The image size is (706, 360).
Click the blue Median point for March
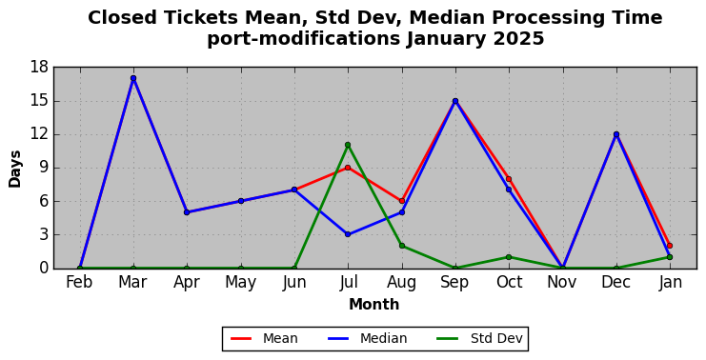pyautogui.click(x=133, y=78)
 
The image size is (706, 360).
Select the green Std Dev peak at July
pyautogui.click(x=348, y=145)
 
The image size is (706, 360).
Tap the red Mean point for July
pyautogui.click(x=348, y=168)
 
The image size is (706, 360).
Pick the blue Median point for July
pyautogui.click(x=348, y=234)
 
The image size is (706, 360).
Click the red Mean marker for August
pyautogui.click(x=402, y=201)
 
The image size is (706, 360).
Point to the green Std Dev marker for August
pyautogui.click(x=402, y=246)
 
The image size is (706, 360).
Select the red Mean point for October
pyautogui.click(x=509, y=179)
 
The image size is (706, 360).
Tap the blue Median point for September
pyautogui.click(x=455, y=101)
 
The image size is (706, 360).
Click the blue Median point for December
pyautogui.click(x=615, y=134)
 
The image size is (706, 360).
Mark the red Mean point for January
pyautogui.click(x=670, y=246)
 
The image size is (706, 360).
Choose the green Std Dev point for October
pyautogui.click(x=509, y=257)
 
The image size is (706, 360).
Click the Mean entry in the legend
pyautogui.click(x=264, y=338)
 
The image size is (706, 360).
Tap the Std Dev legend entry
pyautogui.click(x=479, y=338)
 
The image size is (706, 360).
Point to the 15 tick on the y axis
pyautogui.click(x=39, y=101)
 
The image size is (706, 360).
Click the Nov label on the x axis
pyautogui.click(x=562, y=282)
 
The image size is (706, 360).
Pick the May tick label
pyautogui.click(x=240, y=283)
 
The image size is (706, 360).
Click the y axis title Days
pyautogui.click(x=15, y=169)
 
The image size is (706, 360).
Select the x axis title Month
pyautogui.click(x=373, y=305)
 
